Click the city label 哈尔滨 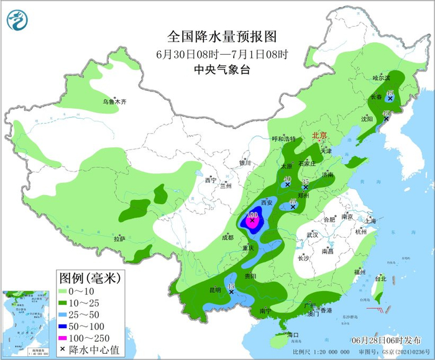381,78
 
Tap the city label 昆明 215,290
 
